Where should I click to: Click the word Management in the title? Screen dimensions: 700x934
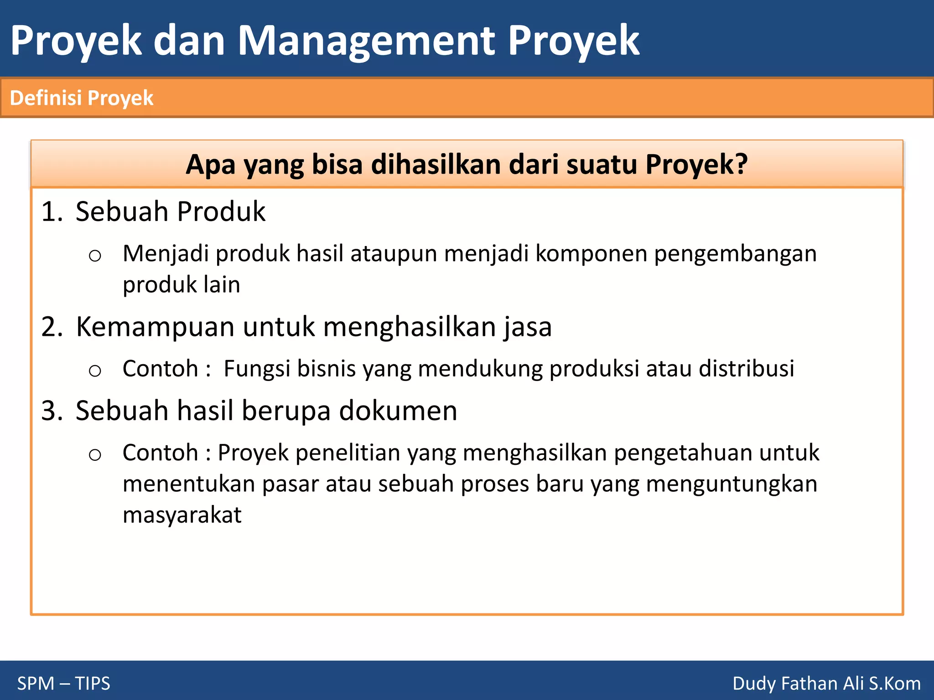[366, 41]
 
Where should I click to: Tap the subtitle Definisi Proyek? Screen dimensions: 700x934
[82, 98]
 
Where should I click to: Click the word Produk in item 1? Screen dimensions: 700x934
[221, 212]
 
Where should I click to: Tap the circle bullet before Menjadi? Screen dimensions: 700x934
[95, 256]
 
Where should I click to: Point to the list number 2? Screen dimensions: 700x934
[52, 327]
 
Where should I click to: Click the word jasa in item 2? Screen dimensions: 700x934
[528, 327]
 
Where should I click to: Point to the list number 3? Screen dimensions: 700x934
[52, 411]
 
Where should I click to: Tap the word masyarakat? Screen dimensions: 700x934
[182, 515]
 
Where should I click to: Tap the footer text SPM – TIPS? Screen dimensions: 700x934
[64, 683]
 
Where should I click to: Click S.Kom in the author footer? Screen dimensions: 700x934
[894, 683]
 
